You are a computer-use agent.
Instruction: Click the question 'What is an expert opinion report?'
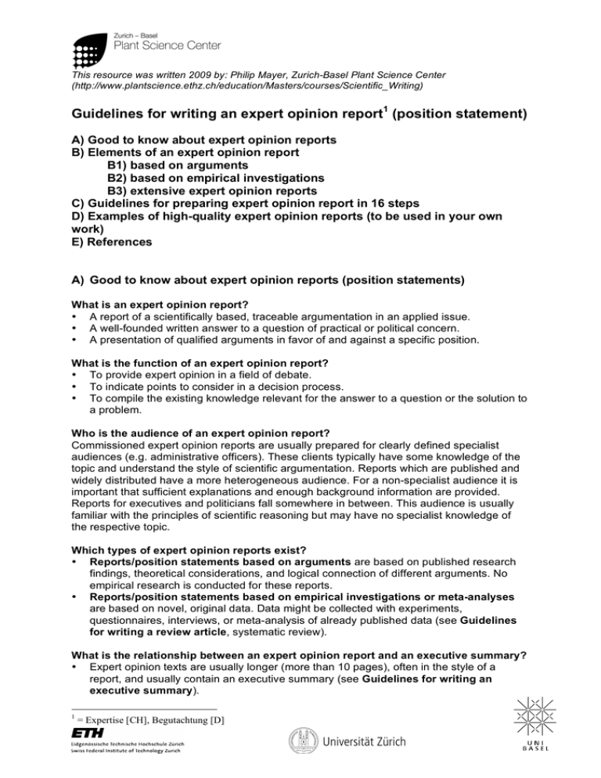[x=157, y=304]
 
